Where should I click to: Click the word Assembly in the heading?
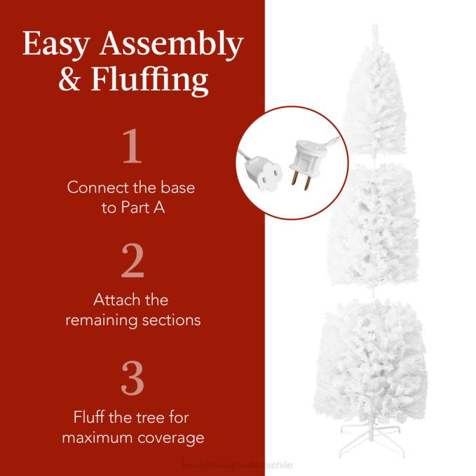click(170, 46)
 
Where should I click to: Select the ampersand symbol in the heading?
click(71, 79)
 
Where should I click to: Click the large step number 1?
click(132, 148)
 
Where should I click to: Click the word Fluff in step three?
click(90, 417)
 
